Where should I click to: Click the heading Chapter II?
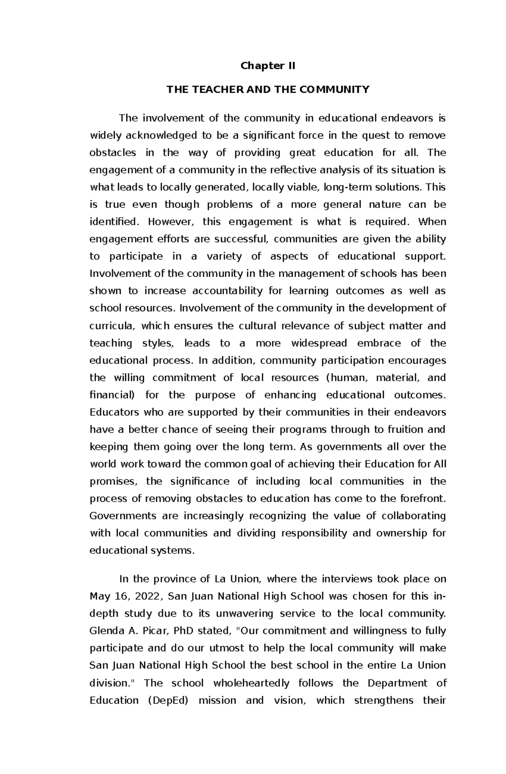tap(268, 66)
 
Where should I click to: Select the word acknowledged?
tap(160, 136)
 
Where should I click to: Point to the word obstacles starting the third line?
tap(113, 153)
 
